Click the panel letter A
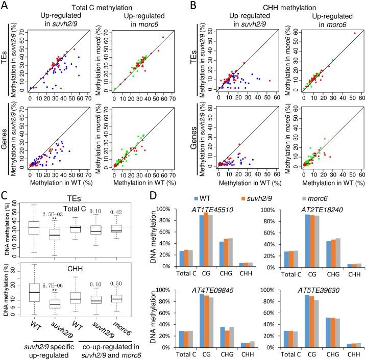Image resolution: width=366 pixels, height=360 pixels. pos(6,5)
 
